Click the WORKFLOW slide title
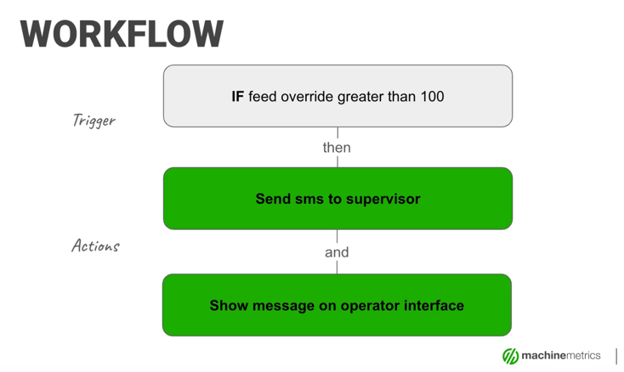[x=122, y=34]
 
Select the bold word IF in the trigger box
[x=237, y=97]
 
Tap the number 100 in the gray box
[x=431, y=97]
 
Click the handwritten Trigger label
[x=94, y=121]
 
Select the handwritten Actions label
[x=95, y=246]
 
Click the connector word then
[x=337, y=148]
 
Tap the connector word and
[x=337, y=252]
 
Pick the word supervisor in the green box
[x=381, y=200]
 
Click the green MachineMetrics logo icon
[x=510, y=356]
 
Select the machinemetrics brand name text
[x=561, y=356]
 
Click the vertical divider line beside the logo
[x=616, y=356]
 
